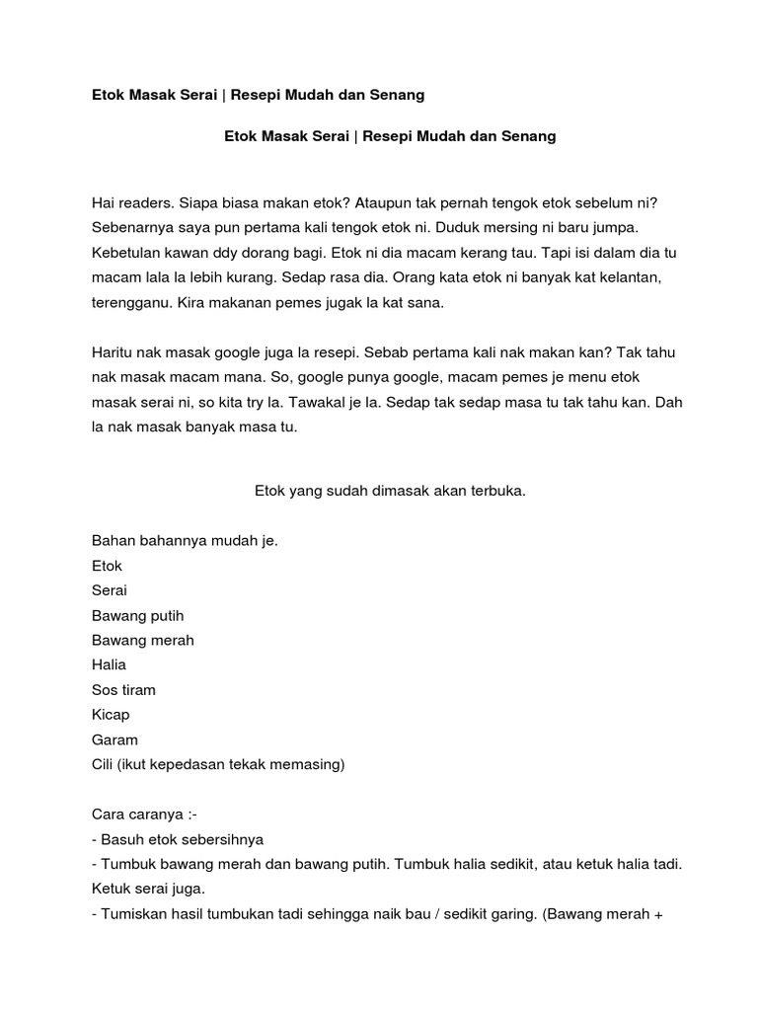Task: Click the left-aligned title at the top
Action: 258,95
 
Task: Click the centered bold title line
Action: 390,136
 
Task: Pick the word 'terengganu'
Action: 128,304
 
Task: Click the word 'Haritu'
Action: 112,353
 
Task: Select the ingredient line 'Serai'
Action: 110,590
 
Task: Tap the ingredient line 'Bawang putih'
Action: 137,615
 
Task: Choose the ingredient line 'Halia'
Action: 109,664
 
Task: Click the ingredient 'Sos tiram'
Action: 123,689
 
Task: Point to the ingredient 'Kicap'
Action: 111,715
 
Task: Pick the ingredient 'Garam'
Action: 114,739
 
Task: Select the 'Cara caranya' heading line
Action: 144,815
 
